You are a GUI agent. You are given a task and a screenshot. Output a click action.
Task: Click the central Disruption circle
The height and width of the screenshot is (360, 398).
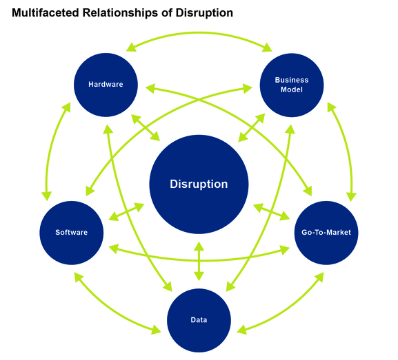point(199,184)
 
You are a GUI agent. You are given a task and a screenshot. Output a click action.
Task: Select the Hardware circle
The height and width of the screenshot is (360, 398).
point(106,85)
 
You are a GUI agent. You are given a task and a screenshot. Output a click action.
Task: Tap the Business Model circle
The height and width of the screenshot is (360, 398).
point(291,85)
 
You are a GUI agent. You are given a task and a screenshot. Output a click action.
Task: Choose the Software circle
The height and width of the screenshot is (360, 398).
point(72,232)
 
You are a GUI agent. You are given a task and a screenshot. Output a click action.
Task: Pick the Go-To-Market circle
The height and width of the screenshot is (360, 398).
point(326,232)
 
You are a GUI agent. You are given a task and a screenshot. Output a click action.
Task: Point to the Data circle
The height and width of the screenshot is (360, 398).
point(199,319)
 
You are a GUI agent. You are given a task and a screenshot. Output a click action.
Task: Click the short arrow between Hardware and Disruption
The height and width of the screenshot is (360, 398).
point(146,129)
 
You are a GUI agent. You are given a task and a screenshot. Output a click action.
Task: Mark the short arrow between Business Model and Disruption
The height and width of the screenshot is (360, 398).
point(252,128)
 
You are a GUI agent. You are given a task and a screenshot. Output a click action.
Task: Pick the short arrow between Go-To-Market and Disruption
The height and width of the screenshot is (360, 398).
point(271,211)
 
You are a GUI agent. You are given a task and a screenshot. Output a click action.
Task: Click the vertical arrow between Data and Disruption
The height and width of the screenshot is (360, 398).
point(199,262)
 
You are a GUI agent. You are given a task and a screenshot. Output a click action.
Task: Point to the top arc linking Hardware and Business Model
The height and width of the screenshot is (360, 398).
point(199,33)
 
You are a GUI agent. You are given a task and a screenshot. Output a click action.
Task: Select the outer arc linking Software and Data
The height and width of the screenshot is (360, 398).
point(110,308)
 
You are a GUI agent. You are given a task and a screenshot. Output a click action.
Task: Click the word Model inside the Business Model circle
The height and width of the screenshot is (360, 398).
point(291,89)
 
